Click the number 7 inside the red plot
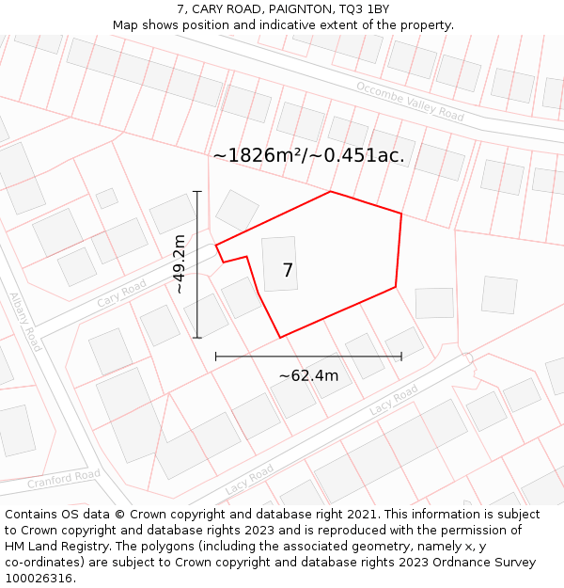(288, 271)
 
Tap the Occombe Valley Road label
(410, 101)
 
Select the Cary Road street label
(122, 294)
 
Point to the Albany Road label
(25, 322)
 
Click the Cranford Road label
(63, 480)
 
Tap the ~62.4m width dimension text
(308, 376)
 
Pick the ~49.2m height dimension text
(179, 264)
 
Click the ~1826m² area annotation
(308, 155)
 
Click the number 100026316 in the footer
(40, 579)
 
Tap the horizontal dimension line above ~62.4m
(308, 357)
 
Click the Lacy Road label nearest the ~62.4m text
(393, 400)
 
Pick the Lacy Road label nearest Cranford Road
(250, 479)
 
